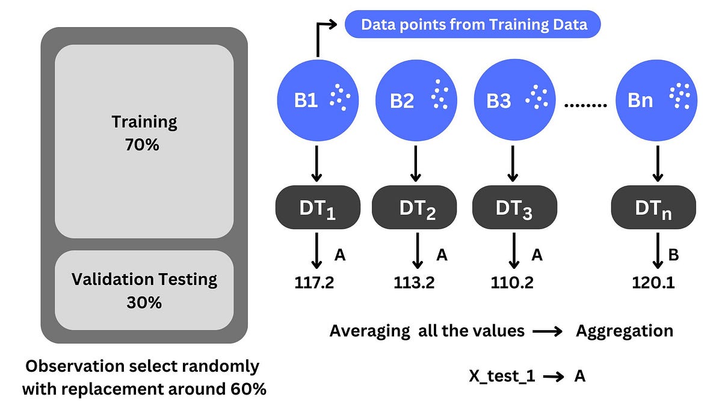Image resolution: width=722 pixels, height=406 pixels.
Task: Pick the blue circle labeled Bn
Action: pyautogui.click(x=658, y=99)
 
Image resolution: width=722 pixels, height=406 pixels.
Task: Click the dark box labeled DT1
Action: pyautogui.click(x=318, y=208)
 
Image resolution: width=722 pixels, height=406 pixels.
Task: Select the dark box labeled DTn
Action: pyautogui.click(x=654, y=208)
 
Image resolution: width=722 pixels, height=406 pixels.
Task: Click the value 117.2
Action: pyautogui.click(x=315, y=283)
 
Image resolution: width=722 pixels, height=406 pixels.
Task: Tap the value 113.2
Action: pyautogui.click(x=415, y=283)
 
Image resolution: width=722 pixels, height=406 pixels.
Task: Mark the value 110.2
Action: pyautogui.click(x=512, y=283)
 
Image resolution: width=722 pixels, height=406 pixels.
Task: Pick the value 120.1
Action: pyautogui.click(x=653, y=283)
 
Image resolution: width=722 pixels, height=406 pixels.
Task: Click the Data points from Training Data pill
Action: pyautogui.click(x=472, y=25)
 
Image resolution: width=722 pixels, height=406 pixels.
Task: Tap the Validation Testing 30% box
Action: pyautogui.click(x=144, y=291)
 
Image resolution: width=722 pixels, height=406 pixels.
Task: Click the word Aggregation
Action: pyautogui.click(x=625, y=331)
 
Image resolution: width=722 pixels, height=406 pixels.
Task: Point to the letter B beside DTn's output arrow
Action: pyautogui.click(x=673, y=256)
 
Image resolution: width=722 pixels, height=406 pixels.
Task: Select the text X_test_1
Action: pyautogui.click(x=503, y=377)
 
